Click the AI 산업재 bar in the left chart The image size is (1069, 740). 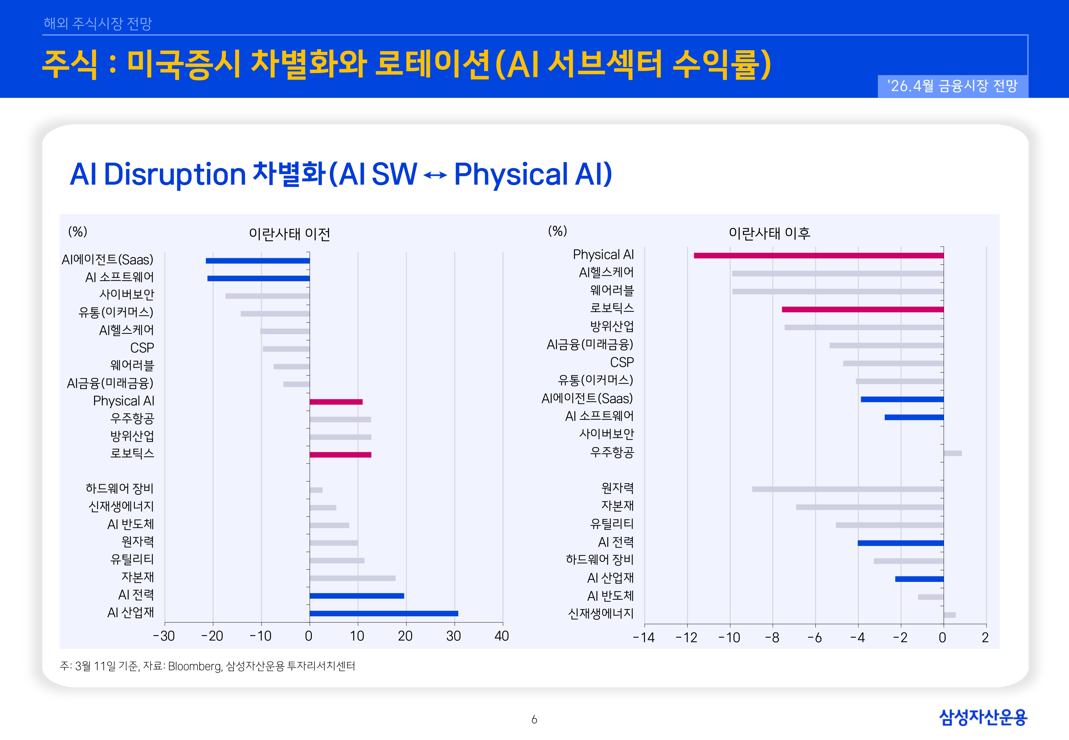coord(384,613)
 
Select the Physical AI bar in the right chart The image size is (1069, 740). coord(819,256)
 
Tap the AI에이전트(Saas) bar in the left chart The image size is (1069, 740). coord(258,260)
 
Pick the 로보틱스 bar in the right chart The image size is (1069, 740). coord(863,309)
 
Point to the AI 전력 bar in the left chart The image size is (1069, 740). coord(357,596)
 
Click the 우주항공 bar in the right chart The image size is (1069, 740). coord(953,453)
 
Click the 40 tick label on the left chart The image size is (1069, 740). coord(502,636)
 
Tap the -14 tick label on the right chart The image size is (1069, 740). coord(644,638)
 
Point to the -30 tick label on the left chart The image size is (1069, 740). coord(164,636)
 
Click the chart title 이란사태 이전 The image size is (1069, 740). coord(290,234)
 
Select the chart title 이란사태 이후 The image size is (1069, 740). coord(770,233)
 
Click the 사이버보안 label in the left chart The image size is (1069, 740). coord(127,294)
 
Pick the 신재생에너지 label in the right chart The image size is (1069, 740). coord(601,614)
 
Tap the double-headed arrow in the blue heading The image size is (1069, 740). coord(435,175)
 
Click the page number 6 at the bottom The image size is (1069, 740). coord(534,720)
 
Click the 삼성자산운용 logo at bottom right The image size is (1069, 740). coord(983,717)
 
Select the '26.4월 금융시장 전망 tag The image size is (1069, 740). coord(952,86)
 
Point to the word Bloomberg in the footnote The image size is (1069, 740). coord(195,666)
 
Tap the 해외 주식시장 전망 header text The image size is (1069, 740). coord(98,23)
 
